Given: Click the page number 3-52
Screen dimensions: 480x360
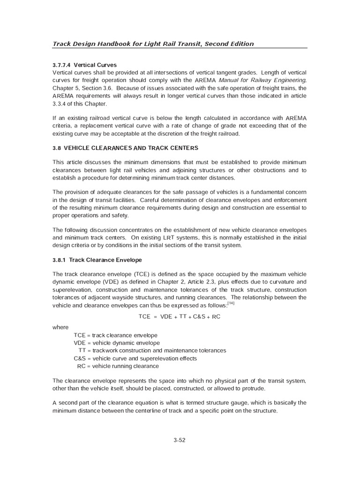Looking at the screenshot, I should [x=180, y=440].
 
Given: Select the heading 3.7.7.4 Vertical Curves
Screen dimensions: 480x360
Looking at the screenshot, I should [x=84, y=65].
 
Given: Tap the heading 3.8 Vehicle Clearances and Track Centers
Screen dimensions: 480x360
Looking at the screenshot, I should [x=125, y=148].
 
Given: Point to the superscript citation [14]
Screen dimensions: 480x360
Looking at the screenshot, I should [x=231, y=303].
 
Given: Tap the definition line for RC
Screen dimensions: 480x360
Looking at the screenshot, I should [x=118, y=366].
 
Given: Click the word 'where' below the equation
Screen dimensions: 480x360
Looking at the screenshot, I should [x=60, y=328].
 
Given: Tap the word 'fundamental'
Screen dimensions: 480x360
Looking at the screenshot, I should [x=274, y=193].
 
